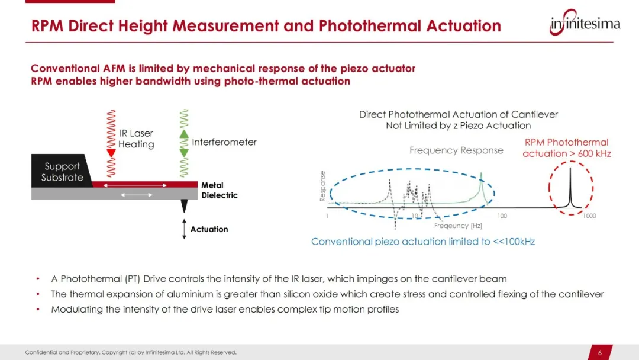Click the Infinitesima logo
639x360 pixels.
click(585, 22)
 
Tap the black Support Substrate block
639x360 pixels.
click(61, 171)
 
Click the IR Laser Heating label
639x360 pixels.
click(136, 139)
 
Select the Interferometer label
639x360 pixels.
click(224, 142)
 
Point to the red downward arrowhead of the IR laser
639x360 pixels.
click(111, 153)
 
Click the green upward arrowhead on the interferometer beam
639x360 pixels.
click(184, 134)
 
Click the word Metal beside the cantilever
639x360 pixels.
click(212, 185)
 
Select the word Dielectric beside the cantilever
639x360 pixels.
click(220, 195)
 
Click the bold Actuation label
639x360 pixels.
click(209, 229)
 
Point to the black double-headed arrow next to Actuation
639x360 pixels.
click(184, 229)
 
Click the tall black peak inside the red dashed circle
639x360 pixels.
click(570, 188)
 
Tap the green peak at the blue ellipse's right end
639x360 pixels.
click(481, 188)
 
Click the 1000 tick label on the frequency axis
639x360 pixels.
click(589, 216)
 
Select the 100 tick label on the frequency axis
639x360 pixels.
click(502, 216)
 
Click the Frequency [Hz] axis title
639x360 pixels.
click(458, 226)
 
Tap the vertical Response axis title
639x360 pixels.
click(322, 186)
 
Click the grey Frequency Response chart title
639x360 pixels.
click(456, 150)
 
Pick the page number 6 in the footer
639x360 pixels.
click(599, 353)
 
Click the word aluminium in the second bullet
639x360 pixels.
click(190, 294)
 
